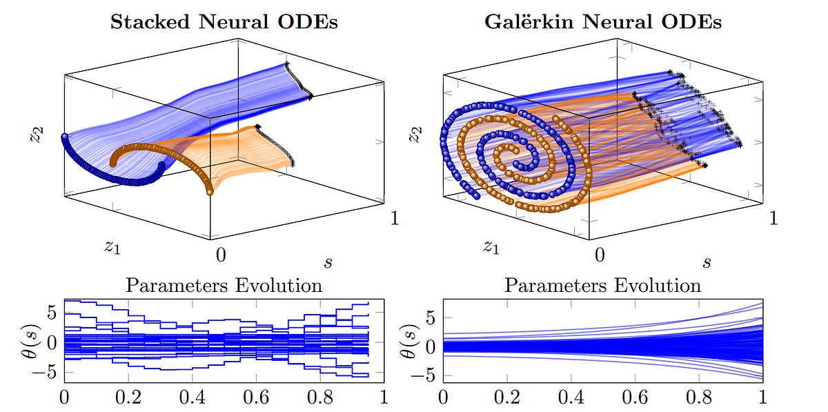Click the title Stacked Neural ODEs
(224, 21)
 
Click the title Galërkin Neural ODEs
(604, 21)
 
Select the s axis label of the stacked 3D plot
(327, 262)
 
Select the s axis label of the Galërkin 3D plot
(707, 262)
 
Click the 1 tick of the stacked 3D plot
(395, 218)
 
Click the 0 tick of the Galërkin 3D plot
(600, 255)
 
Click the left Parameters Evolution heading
(224, 285)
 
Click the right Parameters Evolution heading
(603, 285)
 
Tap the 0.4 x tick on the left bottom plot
(193, 398)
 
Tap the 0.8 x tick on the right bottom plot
(698, 398)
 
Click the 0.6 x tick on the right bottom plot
(634, 398)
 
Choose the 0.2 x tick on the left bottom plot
(128, 398)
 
